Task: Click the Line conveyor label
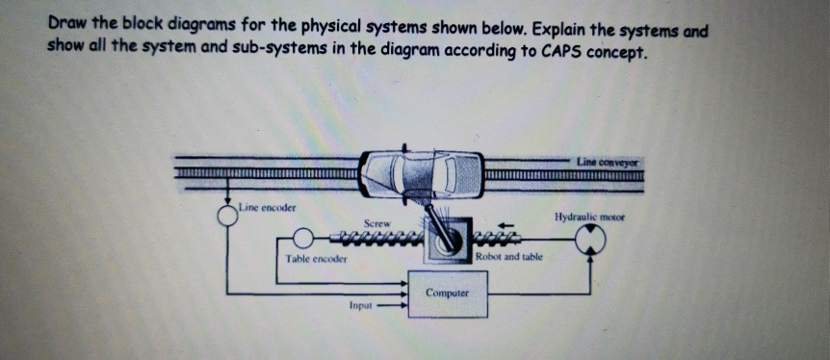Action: point(610,161)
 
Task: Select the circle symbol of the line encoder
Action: point(227,215)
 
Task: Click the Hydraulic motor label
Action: point(590,218)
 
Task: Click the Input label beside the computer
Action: point(362,309)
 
